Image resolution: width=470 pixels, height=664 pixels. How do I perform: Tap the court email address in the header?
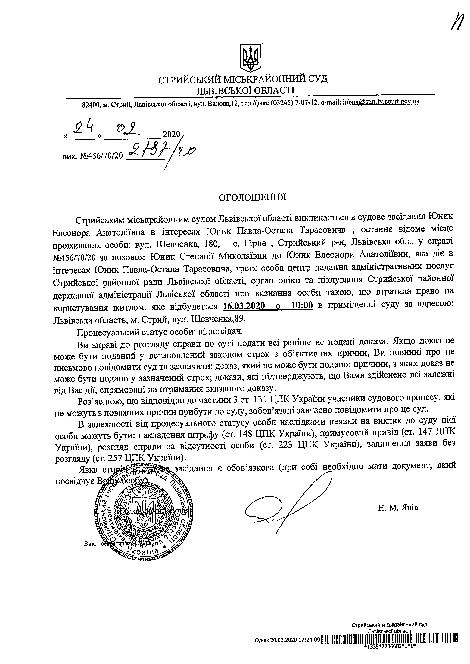(381, 102)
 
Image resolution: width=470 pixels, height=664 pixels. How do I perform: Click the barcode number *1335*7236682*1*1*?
(390, 654)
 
